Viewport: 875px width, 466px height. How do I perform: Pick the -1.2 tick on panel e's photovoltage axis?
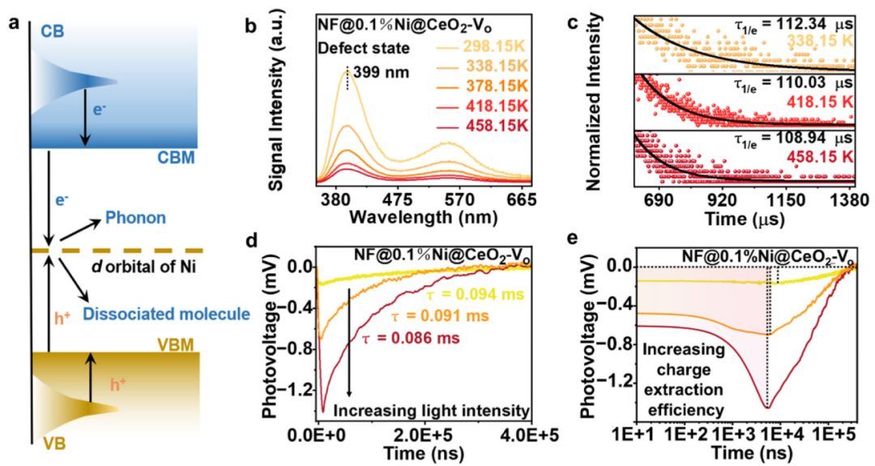(x=619, y=378)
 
